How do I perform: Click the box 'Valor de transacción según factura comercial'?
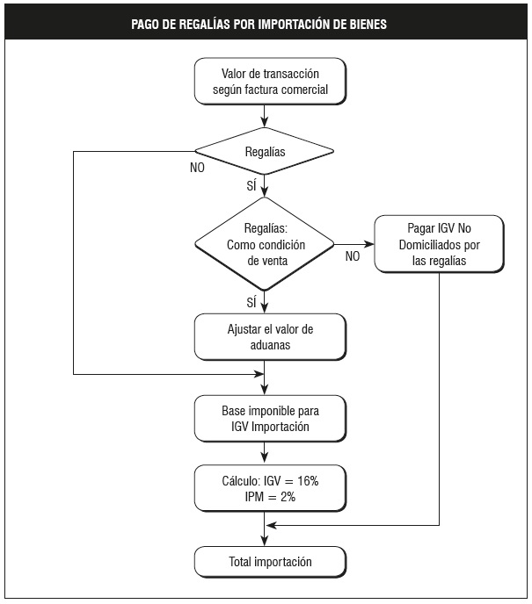(x=270, y=82)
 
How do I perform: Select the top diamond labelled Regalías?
(x=265, y=151)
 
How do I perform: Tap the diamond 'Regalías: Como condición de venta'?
(x=265, y=244)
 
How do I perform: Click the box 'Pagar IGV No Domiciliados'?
(x=439, y=244)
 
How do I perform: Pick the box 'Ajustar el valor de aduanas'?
(x=270, y=337)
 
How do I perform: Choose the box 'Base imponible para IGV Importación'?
(x=270, y=419)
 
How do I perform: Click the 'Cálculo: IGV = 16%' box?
(x=270, y=488)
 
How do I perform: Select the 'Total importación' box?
(x=270, y=562)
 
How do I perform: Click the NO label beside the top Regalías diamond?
(x=197, y=168)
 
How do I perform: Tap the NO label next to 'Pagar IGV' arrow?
(x=353, y=256)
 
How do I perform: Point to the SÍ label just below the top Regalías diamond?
(x=251, y=185)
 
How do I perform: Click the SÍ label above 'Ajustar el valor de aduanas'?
(x=251, y=302)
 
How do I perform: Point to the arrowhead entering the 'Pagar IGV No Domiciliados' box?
(x=369, y=244)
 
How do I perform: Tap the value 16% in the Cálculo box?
(x=308, y=481)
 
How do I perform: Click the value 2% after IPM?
(x=288, y=497)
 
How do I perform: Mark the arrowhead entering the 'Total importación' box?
(x=265, y=541)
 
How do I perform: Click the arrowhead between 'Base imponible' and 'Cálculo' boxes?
(x=265, y=457)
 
